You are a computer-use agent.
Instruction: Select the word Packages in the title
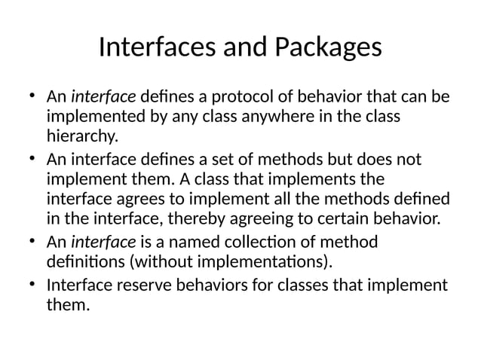[328, 48]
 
